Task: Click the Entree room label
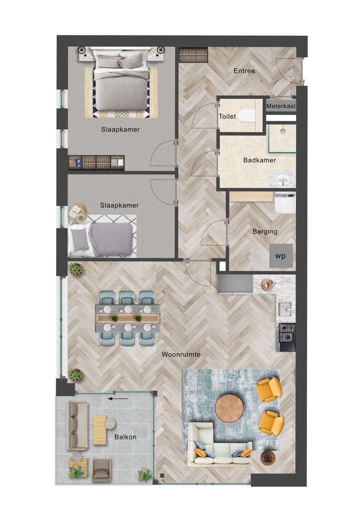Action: (x=244, y=71)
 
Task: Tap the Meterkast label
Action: (x=281, y=107)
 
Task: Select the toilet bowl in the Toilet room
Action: (x=246, y=116)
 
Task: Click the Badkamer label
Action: (x=259, y=160)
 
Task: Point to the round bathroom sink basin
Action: (x=283, y=179)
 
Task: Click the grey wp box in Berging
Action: (x=281, y=256)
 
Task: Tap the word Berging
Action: (x=265, y=232)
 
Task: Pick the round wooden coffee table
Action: (x=229, y=408)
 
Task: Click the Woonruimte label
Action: (x=181, y=354)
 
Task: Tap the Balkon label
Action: (x=125, y=437)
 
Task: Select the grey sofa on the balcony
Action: (x=77, y=425)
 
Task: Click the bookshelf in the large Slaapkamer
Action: (x=96, y=163)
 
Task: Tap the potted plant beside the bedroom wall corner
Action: (x=76, y=270)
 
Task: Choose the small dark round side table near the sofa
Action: (x=268, y=457)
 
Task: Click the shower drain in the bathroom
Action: (x=282, y=131)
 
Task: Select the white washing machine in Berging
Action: (x=284, y=203)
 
